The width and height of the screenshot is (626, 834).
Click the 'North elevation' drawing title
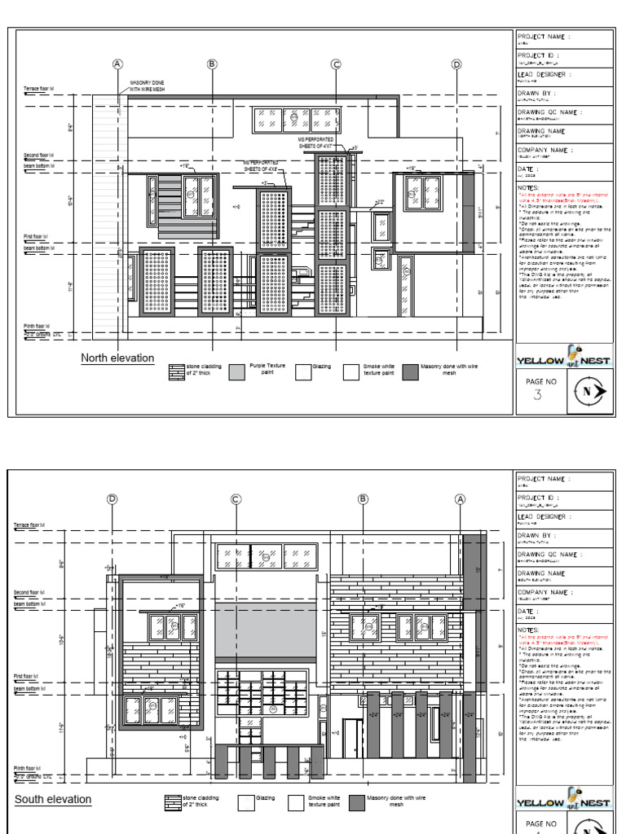[x=117, y=358]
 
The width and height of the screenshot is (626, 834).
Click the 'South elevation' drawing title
[x=53, y=799]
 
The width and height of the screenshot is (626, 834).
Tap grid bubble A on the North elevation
[x=117, y=64]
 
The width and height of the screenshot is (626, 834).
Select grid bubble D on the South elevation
[x=112, y=499]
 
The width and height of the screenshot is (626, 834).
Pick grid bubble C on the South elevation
[x=236, y=499]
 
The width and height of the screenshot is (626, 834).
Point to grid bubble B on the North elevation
[x=211, y=64]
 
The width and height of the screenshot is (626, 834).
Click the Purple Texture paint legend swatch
[x=237, y=372]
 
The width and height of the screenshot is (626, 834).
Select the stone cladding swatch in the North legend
[x=175, y=372]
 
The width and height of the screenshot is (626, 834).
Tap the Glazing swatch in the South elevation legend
[x=245, y=803]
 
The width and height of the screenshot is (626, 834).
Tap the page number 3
[x=536, y=396]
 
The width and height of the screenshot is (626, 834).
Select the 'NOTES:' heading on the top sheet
[x=529, y=187]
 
